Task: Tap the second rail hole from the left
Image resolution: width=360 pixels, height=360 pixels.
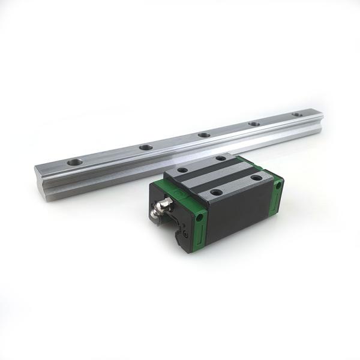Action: point(145,147)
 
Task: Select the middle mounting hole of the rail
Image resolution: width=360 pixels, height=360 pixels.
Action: point(204,135)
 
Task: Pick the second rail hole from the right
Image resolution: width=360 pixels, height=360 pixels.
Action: point(254,124)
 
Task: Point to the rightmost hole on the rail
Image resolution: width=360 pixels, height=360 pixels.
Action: point(297,115)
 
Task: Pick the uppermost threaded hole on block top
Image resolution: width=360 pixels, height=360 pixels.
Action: point(221,158)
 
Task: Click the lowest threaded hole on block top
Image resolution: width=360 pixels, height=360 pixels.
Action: point(216,193)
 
